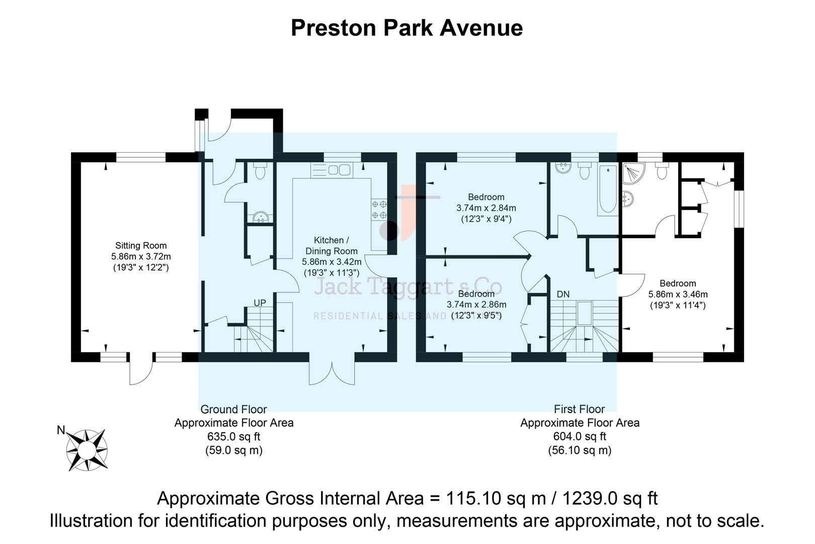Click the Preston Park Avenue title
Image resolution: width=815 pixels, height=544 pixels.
tap(406, 28)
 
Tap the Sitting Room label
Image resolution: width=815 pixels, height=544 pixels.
tap(141, 246)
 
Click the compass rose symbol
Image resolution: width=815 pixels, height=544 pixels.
tap(87, 450)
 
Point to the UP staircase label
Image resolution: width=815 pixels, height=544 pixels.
tap(260, 303)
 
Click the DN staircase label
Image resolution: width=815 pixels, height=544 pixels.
tap(563, 294)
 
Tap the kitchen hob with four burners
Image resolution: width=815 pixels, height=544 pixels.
tap(379, 210)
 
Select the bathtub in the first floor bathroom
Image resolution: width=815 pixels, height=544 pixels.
tap(607, 189)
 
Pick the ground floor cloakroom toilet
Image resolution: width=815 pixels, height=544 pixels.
tap(260, 172)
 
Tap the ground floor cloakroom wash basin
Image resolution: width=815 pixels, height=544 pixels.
tap(260, 218)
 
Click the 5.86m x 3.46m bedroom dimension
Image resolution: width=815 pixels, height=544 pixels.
tap(678, 295)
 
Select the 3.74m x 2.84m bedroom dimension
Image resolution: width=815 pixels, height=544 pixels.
tap(486, 208)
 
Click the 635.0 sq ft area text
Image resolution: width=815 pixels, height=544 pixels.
tap(233, 437)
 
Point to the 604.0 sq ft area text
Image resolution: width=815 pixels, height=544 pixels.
tap(580, 437)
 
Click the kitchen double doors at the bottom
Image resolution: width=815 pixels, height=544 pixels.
tap(332, 373)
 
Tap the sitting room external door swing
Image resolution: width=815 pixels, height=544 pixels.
tap(141, 372)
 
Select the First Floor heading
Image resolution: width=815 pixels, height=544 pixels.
tap(579, 409)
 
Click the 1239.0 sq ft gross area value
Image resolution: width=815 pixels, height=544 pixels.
tap(609, 499)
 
